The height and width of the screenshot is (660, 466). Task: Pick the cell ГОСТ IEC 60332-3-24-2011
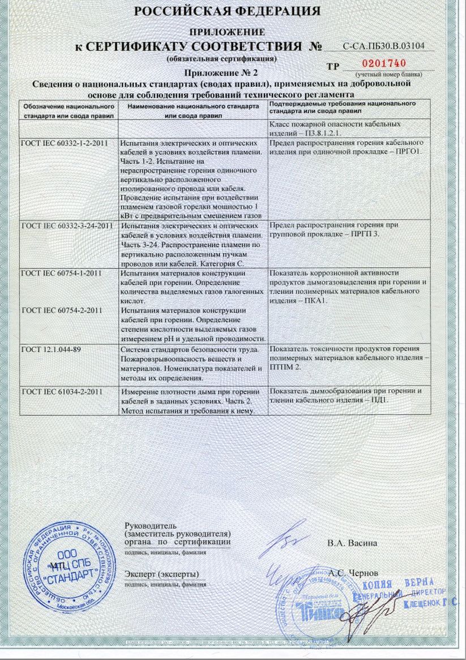coord(67,225)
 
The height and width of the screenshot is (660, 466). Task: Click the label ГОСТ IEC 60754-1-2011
coord(61,273)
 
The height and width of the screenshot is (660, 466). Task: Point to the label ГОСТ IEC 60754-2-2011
coord(61,310)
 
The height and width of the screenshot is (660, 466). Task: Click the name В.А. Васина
coord(352,543)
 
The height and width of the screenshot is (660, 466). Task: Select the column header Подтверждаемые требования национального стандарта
coord(342,107)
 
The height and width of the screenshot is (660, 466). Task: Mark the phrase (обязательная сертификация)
coord(221,58)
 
